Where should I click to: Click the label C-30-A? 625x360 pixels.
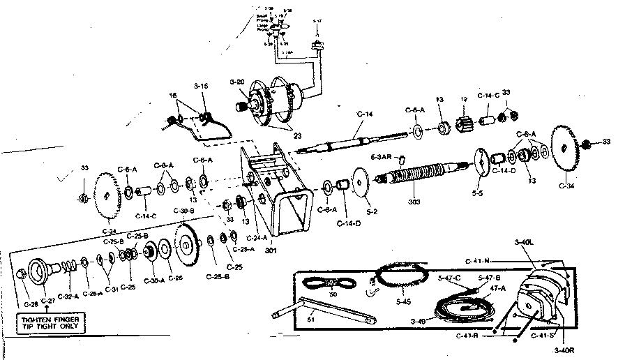[x=154, y=281]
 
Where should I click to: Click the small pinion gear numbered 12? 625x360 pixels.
[x=464, y=126]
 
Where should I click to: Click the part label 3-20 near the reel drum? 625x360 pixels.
[x=237, y=82]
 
